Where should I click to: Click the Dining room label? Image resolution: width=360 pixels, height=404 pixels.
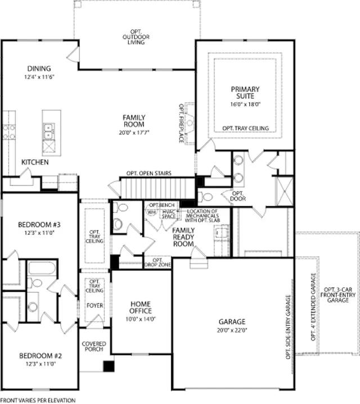(x=39, y=69)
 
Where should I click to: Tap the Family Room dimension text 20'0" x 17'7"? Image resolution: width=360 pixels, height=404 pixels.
(x=134, y=133)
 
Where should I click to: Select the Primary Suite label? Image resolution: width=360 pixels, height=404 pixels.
(x=245, y=93)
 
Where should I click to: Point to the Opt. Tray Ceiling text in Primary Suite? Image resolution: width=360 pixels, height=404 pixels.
(x=245, y=128)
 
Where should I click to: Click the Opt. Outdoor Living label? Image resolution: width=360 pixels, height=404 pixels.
(x=136, y=37)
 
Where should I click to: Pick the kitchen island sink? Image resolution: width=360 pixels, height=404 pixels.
(x=49, y=131)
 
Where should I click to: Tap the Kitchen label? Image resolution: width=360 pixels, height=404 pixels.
(x=35, y=162)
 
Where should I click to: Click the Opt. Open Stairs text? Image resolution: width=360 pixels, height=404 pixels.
(x=149, y=173)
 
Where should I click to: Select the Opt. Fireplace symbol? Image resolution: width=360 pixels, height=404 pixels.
(x=190, y=123)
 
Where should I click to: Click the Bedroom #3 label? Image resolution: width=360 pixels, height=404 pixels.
(x=39, y=225)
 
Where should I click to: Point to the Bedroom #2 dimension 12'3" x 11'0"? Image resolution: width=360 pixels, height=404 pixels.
(x=40, y=364)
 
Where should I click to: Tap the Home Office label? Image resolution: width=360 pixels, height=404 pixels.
(x=141, y=307)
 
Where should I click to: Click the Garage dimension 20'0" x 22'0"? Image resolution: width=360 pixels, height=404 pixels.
(x=232, y=330)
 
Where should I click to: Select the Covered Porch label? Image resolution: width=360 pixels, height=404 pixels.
(x=94, y=346)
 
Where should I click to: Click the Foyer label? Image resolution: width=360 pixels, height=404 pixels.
(x=95, y=306)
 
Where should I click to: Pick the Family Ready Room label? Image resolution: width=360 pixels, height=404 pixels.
(x=183, y=237)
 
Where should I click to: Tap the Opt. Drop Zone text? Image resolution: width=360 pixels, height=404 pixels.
(x=157, y=262)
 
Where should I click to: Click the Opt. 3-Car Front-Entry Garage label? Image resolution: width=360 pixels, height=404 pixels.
(x=338, y=295)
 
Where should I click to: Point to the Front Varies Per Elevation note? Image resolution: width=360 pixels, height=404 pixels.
(x=38, y=401)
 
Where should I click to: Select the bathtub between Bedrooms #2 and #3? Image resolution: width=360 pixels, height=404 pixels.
(x=42, y=268)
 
